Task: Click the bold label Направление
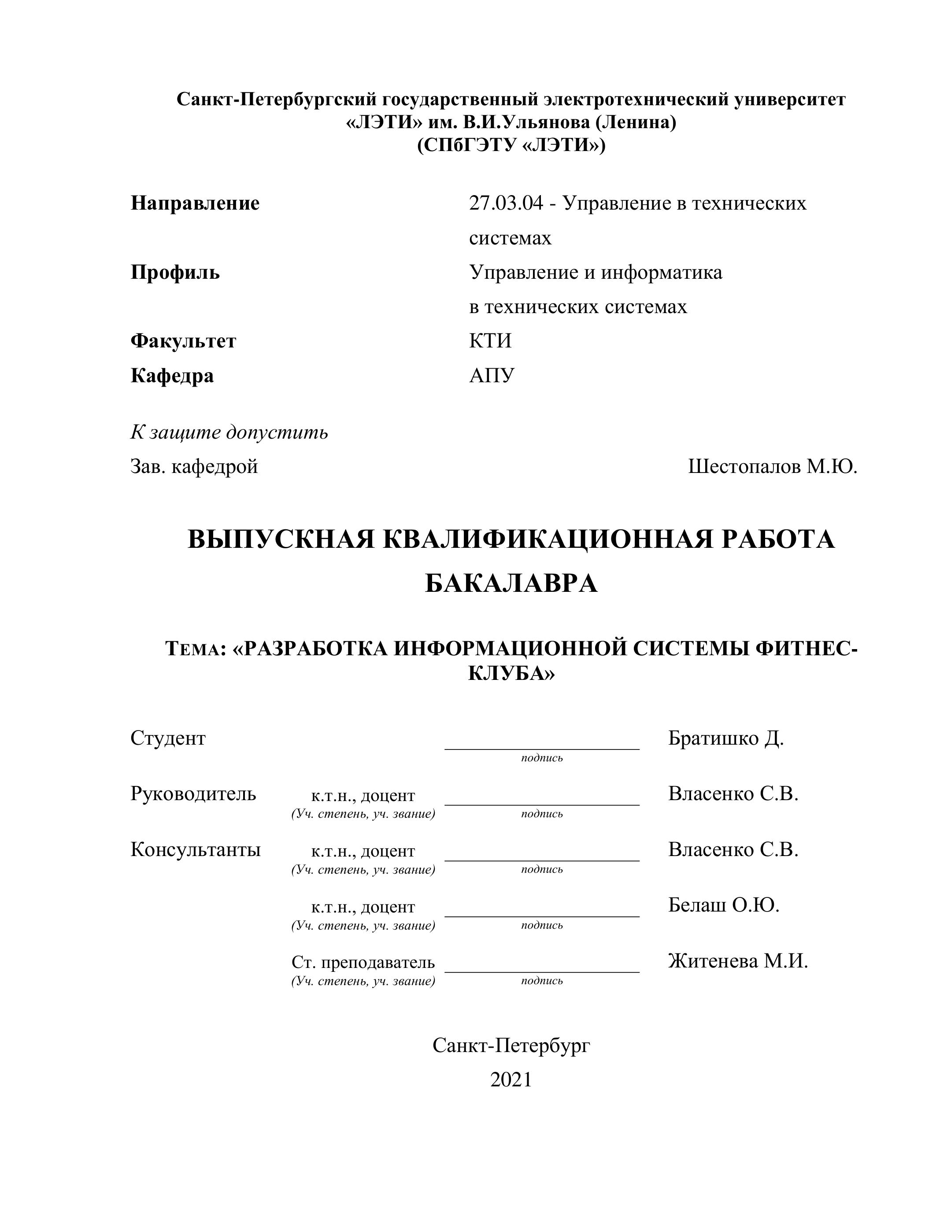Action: (x=195, y=203)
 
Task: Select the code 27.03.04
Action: (x=506, y=203)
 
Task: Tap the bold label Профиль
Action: (x=175, y=272)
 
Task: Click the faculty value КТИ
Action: (x=490, y=340)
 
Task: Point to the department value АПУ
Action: (x=491, y=375)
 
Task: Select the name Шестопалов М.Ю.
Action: (x=773, y=466)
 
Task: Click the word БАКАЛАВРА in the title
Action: (x=511, y=583)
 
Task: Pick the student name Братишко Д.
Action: (x=725, y=738)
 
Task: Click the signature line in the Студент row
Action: (x=542, y=749)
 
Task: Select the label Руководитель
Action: (x=193, y=794)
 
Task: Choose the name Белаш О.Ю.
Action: (x=724, y=905)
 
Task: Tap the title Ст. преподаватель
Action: (x=363, y=962)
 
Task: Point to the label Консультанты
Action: (x=195, y=849)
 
